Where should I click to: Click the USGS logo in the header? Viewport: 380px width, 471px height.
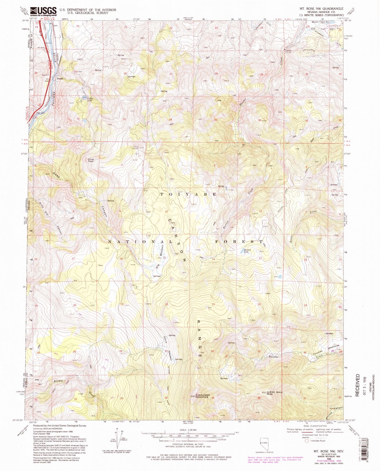point(43,12)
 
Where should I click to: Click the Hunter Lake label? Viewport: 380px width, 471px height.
point(247,251)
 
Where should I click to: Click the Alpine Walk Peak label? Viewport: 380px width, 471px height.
point(275,393)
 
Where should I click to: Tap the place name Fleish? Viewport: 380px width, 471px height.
point(60,78)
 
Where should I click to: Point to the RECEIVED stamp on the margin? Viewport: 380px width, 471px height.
point(357,385)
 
